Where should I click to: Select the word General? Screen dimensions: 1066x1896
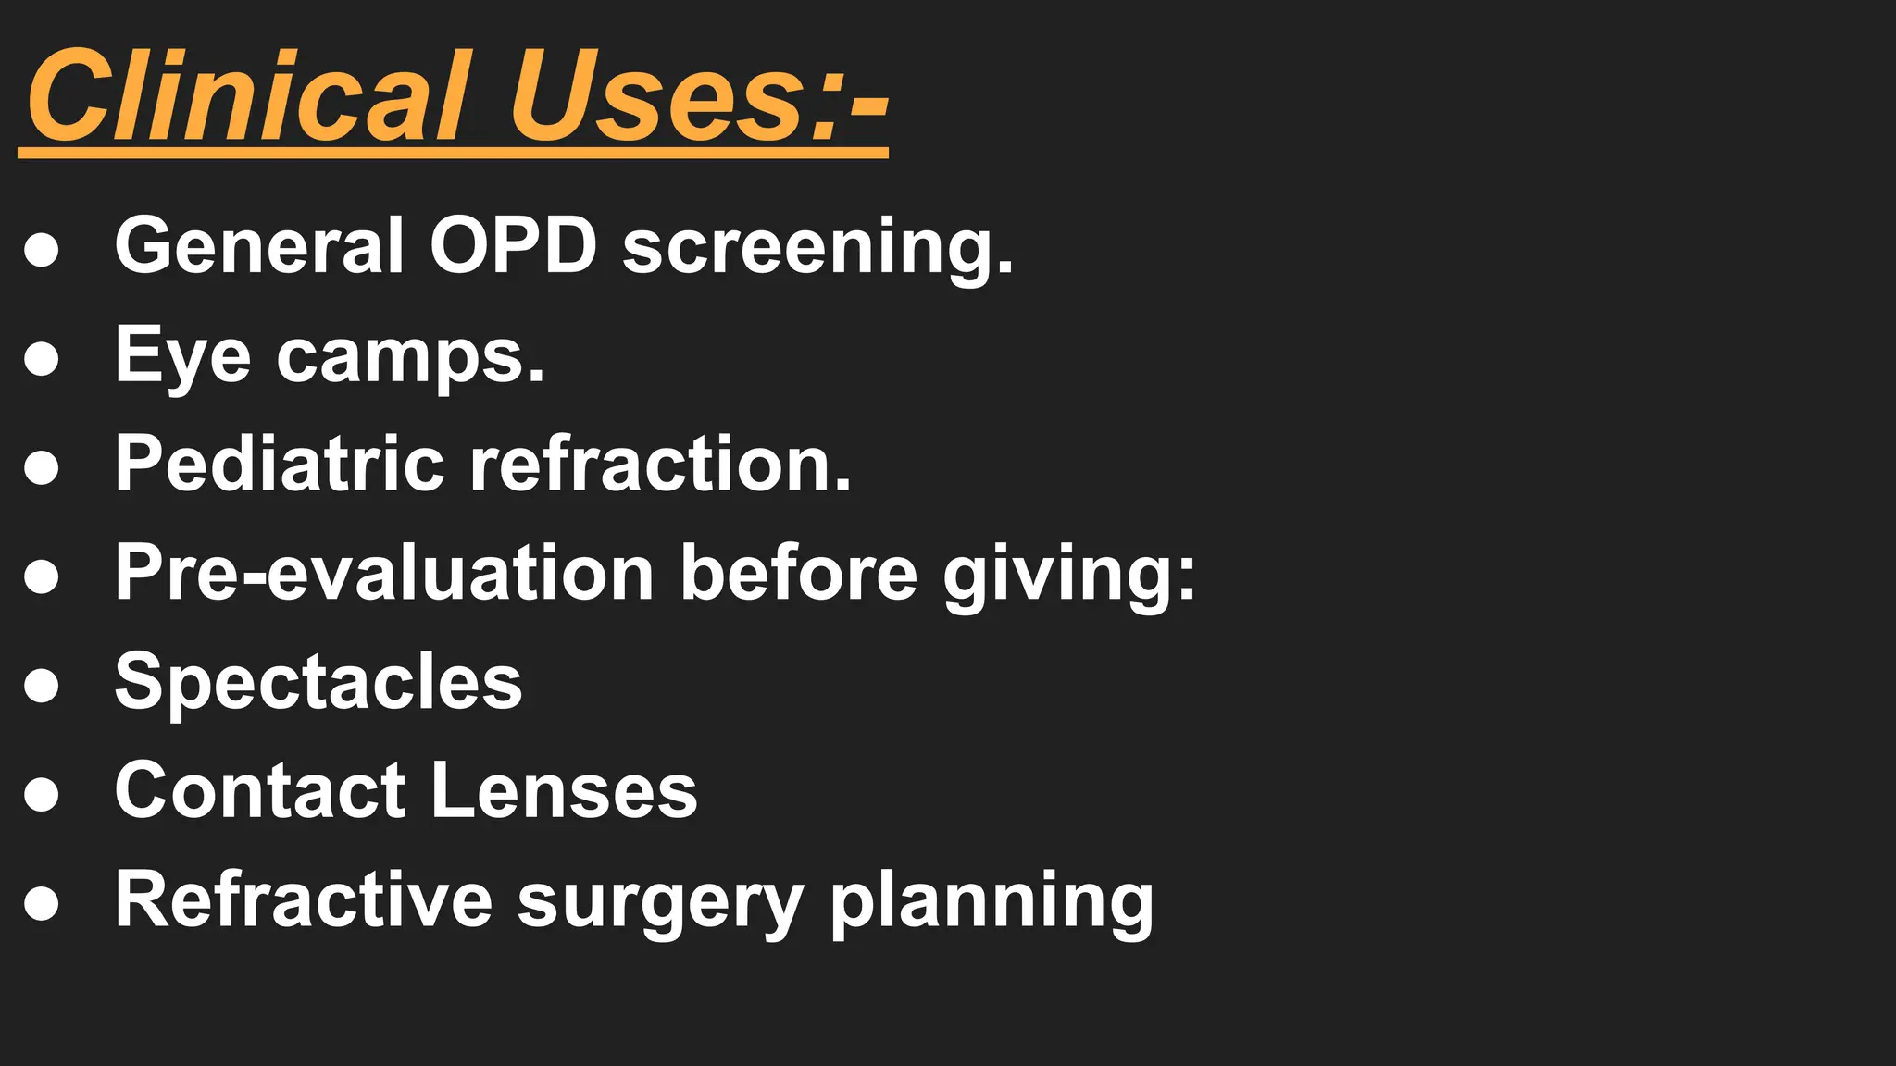259,245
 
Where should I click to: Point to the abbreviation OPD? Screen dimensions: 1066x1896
513,245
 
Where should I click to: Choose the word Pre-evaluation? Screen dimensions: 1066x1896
385,573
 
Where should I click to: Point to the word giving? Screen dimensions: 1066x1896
1069,576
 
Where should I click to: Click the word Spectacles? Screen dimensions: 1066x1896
318,682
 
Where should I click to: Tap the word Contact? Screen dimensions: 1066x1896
260,790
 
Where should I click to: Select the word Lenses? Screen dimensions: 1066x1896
564,790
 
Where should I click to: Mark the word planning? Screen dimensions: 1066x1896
992,902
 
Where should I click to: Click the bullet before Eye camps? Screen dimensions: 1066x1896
42,358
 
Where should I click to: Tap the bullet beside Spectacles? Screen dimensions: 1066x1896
42,686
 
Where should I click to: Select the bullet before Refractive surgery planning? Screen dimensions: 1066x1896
42,903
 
